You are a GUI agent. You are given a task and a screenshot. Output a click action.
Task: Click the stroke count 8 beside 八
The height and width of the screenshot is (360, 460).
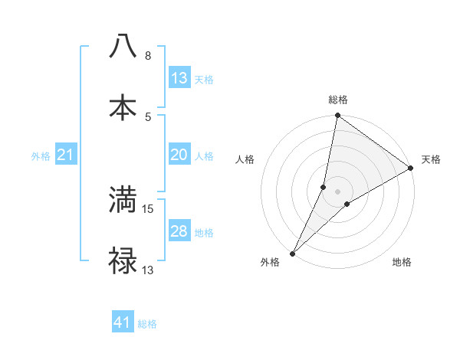(147, 56)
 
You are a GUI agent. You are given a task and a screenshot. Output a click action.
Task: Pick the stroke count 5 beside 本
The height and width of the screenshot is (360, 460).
(147, 116)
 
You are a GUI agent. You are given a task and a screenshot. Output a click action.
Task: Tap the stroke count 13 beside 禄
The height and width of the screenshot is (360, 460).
(148, 270)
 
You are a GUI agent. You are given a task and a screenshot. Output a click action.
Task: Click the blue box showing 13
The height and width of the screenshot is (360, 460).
(179, 78)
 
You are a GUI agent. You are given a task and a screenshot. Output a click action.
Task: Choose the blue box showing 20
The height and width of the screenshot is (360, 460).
(179, 155)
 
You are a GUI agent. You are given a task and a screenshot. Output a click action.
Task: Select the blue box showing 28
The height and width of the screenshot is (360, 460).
(179, 231)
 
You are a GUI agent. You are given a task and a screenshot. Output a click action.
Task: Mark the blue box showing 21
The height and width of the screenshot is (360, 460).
(66, 155)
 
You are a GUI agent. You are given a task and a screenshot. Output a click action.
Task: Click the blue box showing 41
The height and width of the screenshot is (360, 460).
(123, 322)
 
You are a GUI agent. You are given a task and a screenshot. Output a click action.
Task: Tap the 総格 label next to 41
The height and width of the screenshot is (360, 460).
(147, 324)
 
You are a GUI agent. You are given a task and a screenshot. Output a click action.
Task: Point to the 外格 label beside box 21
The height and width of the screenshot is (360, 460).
(41, 156)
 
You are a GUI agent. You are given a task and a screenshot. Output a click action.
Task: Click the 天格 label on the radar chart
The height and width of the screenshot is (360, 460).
(431, 159)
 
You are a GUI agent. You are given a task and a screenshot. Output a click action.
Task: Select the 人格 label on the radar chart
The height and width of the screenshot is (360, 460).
(245, 159)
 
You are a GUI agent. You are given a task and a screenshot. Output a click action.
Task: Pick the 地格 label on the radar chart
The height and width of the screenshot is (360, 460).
(402, 262)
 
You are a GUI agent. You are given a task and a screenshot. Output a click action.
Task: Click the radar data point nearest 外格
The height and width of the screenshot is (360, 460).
(292, 253)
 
